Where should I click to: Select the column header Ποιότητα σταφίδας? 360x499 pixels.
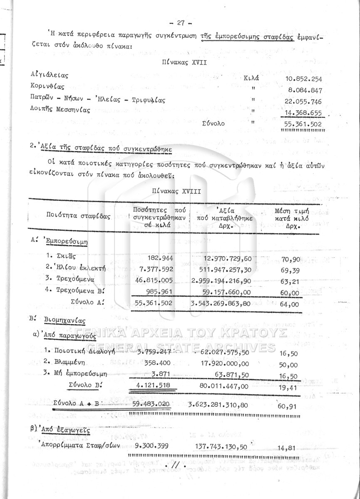click(79, 217)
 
